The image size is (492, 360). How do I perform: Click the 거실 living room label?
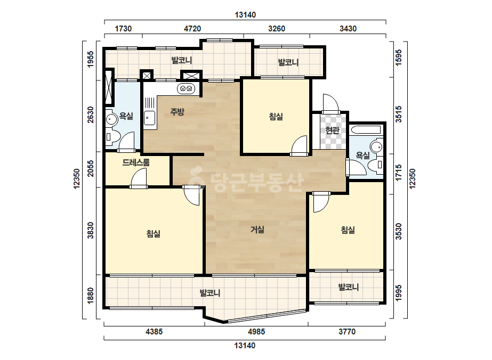(257, 230)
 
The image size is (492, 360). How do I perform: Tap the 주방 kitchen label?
(178, 112)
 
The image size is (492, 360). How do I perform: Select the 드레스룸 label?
(136, 162)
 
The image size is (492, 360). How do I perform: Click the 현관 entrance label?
(332, 130)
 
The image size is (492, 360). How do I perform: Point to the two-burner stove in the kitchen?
(186, 89)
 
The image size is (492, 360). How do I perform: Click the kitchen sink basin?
(149, 118)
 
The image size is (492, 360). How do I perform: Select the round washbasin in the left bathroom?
(111, 119)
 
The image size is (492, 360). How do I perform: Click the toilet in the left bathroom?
(112, 137)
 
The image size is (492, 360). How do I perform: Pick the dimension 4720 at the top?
(192, 29)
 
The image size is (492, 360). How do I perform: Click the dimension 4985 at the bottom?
(256, 331)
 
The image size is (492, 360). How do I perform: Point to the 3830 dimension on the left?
(91, 231)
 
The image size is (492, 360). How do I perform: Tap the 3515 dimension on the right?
(399, 114)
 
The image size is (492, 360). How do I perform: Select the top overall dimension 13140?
(245, 15)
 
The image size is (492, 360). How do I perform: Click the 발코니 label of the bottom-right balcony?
(348, 287)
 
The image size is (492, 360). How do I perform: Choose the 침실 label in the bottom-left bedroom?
(154, 234)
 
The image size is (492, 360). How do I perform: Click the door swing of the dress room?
(139, 178)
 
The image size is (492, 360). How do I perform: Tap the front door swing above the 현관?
(330, 103)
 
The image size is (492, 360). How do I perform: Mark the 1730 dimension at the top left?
(123, 29)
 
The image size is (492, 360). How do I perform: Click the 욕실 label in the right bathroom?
(362, 155)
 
